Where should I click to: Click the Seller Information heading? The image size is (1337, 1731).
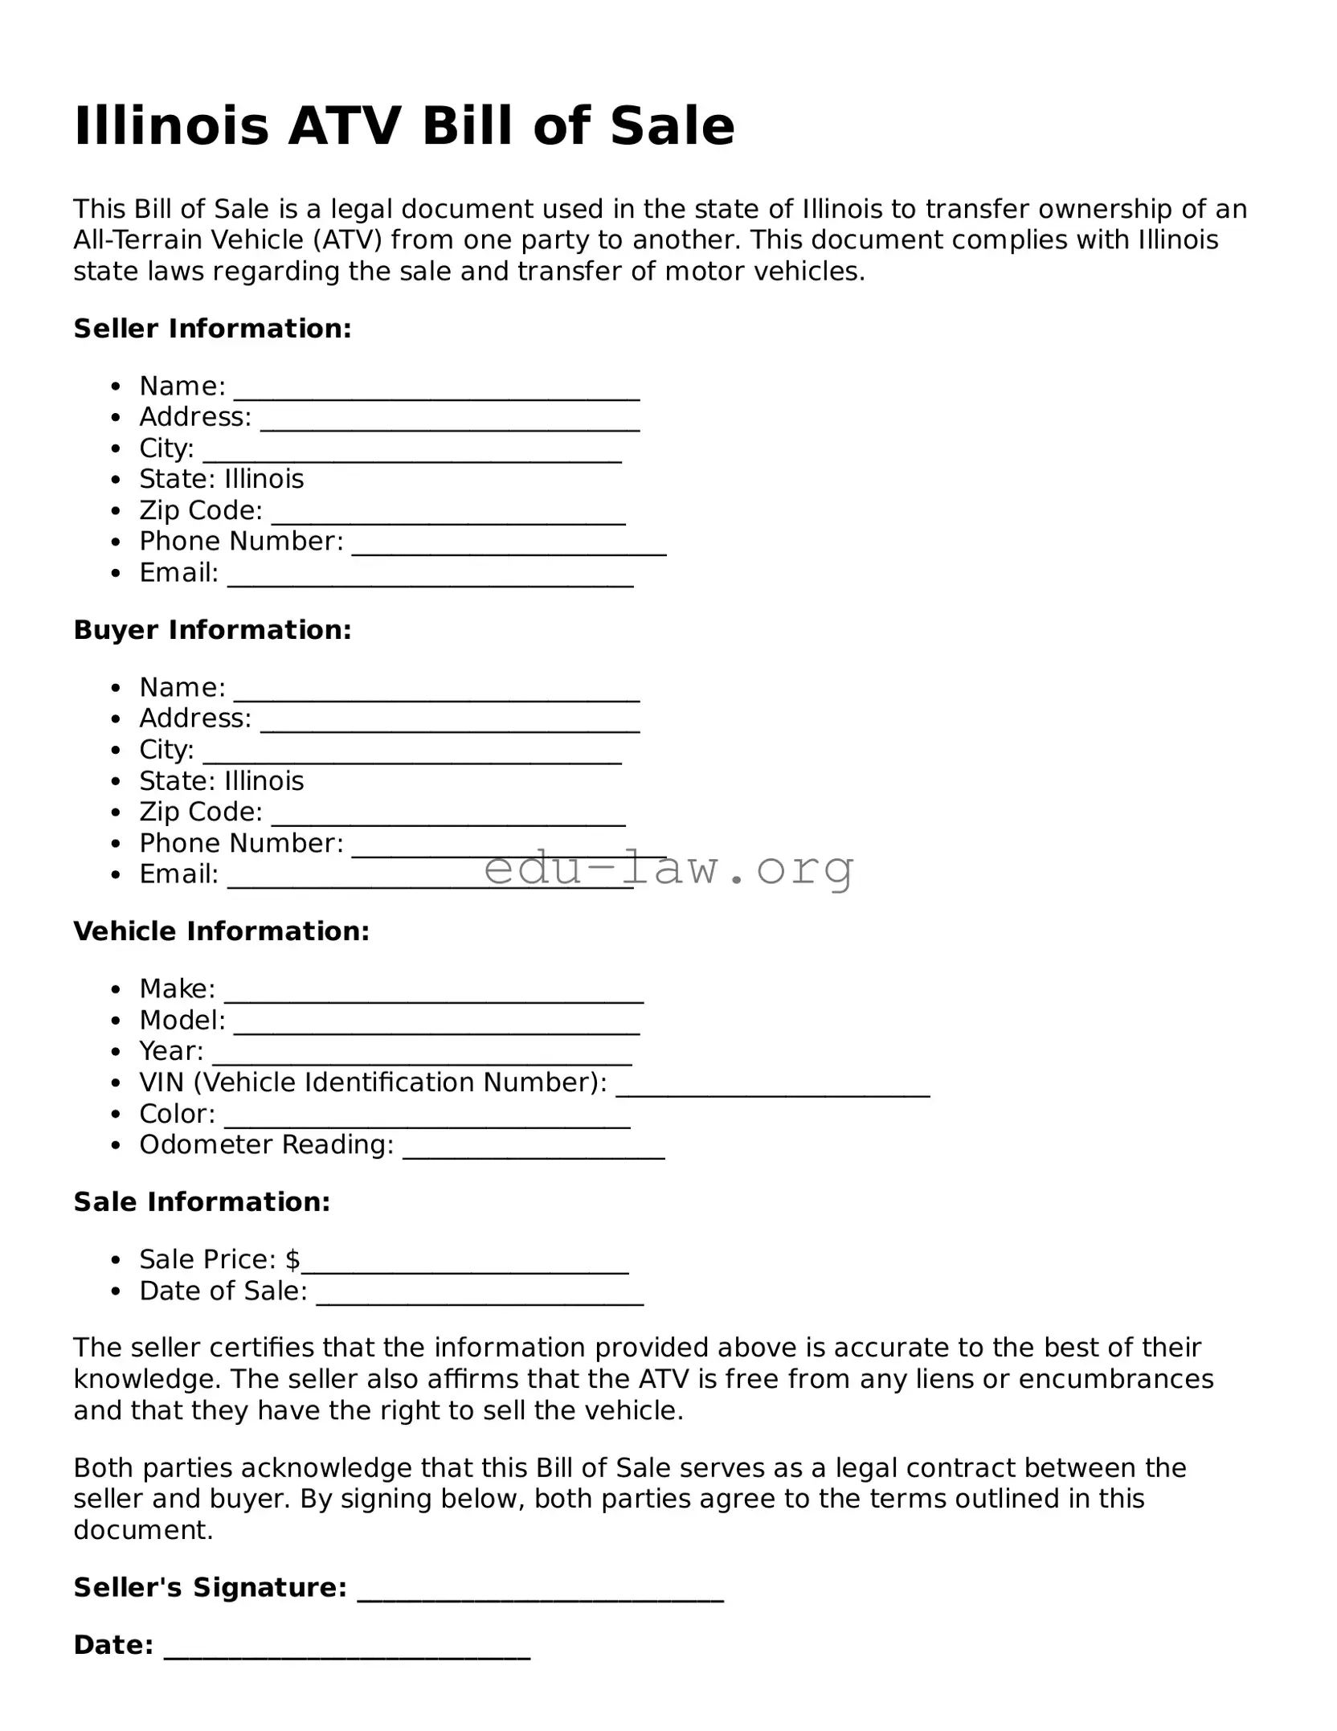(213, 329)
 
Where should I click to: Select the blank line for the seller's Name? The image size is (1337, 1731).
(436, 394)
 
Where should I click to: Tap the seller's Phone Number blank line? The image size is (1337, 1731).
(509, 549)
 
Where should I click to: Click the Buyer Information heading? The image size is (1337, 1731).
(213, 630)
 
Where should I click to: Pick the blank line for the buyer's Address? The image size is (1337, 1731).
(450, 726)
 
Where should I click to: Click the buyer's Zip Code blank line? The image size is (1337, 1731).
(448, 819)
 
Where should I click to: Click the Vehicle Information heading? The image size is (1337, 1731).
(222, 931)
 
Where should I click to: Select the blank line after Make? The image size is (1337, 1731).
(434, 996)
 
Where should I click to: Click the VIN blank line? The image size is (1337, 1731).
(773, 1091)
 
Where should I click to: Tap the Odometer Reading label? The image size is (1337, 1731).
(266, 1144)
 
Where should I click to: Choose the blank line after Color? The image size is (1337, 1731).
(427, 1122)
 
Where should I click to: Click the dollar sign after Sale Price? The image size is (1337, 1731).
(292, 1259)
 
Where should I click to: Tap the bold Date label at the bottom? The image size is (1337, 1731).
(113, 1645)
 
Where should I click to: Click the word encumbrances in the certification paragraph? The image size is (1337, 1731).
(1116, 1379)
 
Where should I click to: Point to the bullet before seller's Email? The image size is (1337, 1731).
(117, 574)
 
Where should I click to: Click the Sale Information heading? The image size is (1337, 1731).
(202, 1202)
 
